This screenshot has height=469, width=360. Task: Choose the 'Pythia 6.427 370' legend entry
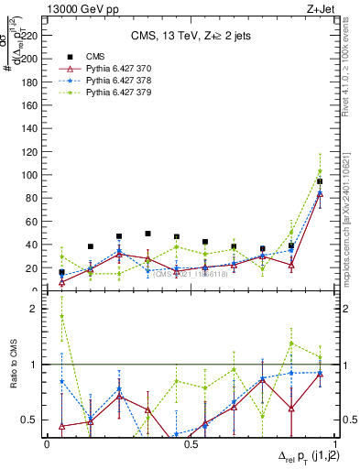104,68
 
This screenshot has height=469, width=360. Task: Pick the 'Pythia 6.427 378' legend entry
104,80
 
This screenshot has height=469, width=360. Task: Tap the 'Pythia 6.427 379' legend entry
104,92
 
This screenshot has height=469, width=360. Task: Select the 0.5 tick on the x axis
191,444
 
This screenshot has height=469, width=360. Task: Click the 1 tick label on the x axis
334,444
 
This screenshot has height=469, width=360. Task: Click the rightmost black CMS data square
320,181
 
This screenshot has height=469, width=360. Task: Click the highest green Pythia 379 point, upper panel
320,171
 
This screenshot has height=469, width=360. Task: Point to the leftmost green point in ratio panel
61,316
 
